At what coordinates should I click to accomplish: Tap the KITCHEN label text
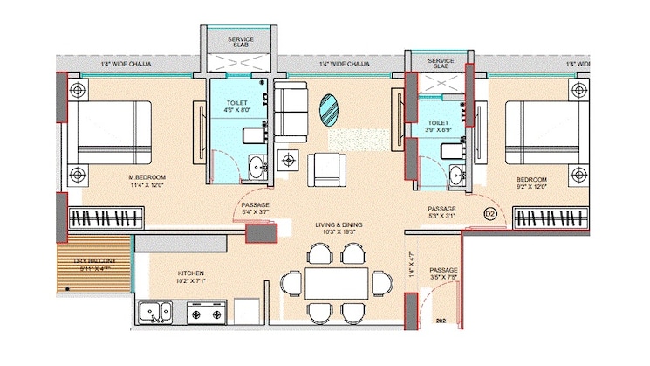pos(191,273)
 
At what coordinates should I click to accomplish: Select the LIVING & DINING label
pos(339,225)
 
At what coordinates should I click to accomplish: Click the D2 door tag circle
pos(489,214)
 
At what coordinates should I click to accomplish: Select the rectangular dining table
pos(339,283)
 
